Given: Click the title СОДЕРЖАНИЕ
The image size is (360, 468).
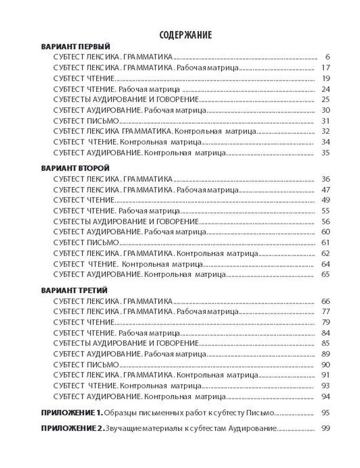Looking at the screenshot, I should pyautogui.click(x=185, y=35).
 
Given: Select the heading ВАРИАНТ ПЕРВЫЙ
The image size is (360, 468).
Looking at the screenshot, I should pyautogui.click(x=76, y=47).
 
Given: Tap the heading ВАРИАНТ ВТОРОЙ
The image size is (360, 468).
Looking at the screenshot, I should pyautogui.click(x=76, y=168).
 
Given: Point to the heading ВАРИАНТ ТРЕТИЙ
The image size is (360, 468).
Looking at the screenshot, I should pyautogui.click(x=75, y=290).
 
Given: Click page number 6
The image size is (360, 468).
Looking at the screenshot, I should pyautogui.click(x=327, y=57).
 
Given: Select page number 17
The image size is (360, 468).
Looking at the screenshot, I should pyautogui.click(x=325, y=68).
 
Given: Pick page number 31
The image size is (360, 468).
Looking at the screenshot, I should pyautogui.click(x=325, y=121).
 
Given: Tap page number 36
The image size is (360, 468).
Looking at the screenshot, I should pyautogui.click(x=325, y=179).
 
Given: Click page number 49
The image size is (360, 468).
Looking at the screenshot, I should pyautogui.click(x=325, y=200).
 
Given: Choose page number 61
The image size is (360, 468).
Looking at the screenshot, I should pyautogui.click(x=325, y=243).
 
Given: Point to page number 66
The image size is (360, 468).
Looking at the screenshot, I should pyautogui.click(x=325, y=301).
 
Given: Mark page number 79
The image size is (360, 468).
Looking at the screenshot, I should pyautogui.click(x=325, y=322).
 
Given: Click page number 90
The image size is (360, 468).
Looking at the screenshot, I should pyautogui.click(x=325, y=365).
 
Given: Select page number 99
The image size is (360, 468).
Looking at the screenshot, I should pyautogui.click(x=325, y=428).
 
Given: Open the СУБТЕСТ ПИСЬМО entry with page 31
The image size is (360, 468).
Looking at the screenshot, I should pyautogui.click(x=86, y=121).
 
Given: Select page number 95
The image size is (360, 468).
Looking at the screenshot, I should pyautogui.click(x=325, y=413).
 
